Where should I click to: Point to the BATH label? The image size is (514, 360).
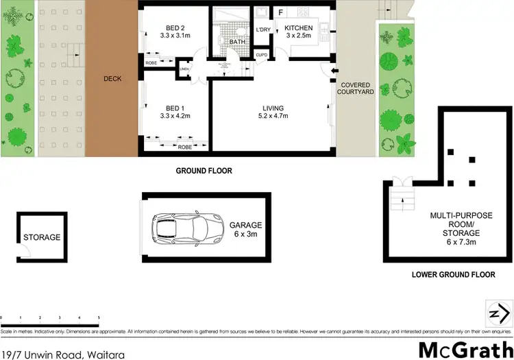click(x=238, y=42)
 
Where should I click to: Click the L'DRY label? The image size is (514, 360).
click(x=262, y=29)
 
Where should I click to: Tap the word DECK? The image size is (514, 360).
click(x=112, y=79)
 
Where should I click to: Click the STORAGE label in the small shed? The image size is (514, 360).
click(x=42, y=237)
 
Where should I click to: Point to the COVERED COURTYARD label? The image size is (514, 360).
click(x=356, y=88)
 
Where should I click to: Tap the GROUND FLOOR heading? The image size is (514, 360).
click(x=204, y=171)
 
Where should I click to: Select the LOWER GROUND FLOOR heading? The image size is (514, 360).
click(x=453, y=274)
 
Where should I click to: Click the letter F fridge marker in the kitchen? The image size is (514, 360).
click(x=280, y=12)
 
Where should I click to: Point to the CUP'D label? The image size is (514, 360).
click(x=261, y=55)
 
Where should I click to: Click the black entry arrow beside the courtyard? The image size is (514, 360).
click(x=334, y=71)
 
